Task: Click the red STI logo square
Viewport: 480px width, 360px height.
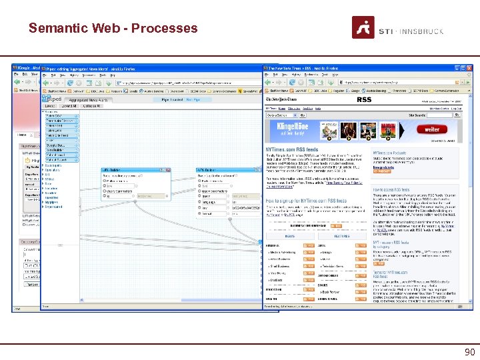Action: (x=363, y=27)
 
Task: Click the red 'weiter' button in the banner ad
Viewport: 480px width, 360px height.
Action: (x=432, y=129)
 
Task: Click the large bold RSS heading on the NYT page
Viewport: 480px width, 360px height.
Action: (x=364, y=100)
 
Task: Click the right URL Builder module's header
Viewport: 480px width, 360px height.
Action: (x=207, y=170)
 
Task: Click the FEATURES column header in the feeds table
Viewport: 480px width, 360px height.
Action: (x=342, y=236)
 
